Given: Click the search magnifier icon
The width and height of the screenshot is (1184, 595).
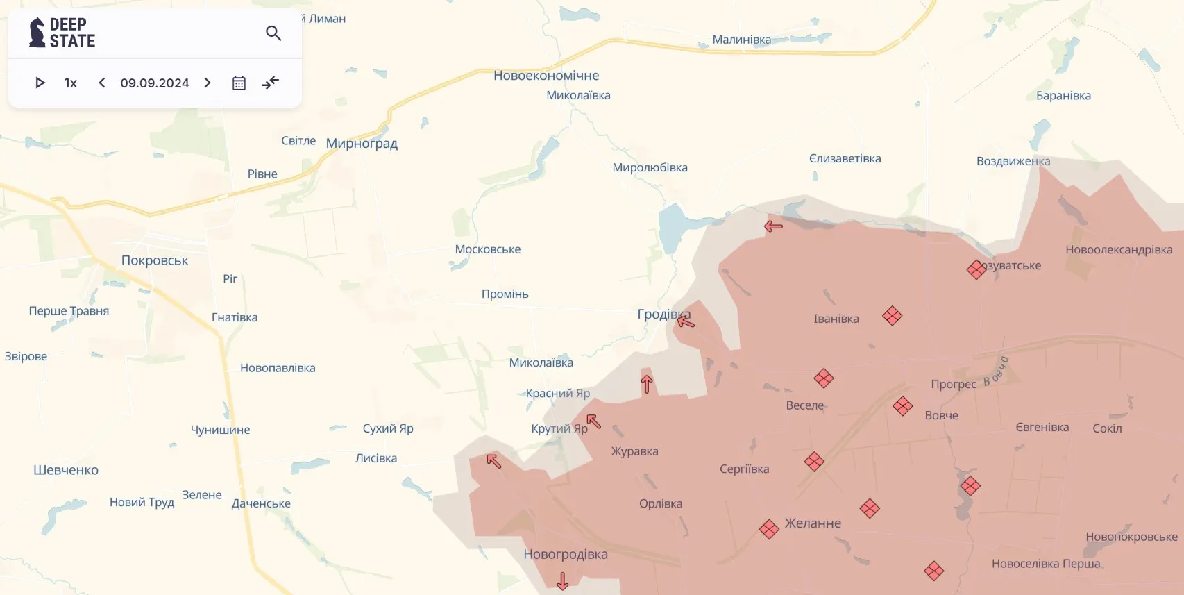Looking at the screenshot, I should [273, 33].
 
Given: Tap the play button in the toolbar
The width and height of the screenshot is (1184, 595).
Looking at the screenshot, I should [40, 83].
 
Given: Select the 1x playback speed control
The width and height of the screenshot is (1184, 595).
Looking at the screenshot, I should [70, 83].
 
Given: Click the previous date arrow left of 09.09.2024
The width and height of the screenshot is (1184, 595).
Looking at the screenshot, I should [102, 83].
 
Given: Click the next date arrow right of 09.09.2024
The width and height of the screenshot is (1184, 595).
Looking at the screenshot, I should [208, 83].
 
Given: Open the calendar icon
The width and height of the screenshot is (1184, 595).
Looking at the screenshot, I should [239, 83].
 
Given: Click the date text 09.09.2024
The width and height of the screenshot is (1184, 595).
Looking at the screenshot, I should [154, 83].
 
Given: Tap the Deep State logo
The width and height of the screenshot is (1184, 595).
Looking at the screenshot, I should [62, 33].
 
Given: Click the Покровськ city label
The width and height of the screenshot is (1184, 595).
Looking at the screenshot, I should [155, 260].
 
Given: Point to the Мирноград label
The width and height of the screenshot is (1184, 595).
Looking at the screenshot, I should [362, 144].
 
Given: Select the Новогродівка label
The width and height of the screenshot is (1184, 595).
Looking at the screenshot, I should [566, 554].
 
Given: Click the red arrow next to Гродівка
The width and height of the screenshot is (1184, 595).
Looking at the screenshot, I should [685, 320].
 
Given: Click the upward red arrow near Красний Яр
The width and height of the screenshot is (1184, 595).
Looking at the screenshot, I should [647, 384].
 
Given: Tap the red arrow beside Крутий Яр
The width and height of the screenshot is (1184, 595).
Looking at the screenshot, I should [593, 421].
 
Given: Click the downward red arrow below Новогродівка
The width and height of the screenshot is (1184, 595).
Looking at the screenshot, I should [563, 580].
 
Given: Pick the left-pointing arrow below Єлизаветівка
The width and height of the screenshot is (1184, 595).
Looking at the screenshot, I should [773, 226].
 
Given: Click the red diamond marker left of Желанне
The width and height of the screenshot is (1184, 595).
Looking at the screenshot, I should [769, 529].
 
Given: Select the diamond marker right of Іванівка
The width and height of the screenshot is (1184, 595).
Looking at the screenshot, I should [893, 316].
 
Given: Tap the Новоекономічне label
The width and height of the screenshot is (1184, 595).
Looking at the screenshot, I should [546, 75].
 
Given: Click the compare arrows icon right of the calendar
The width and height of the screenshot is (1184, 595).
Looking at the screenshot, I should [270, 83].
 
